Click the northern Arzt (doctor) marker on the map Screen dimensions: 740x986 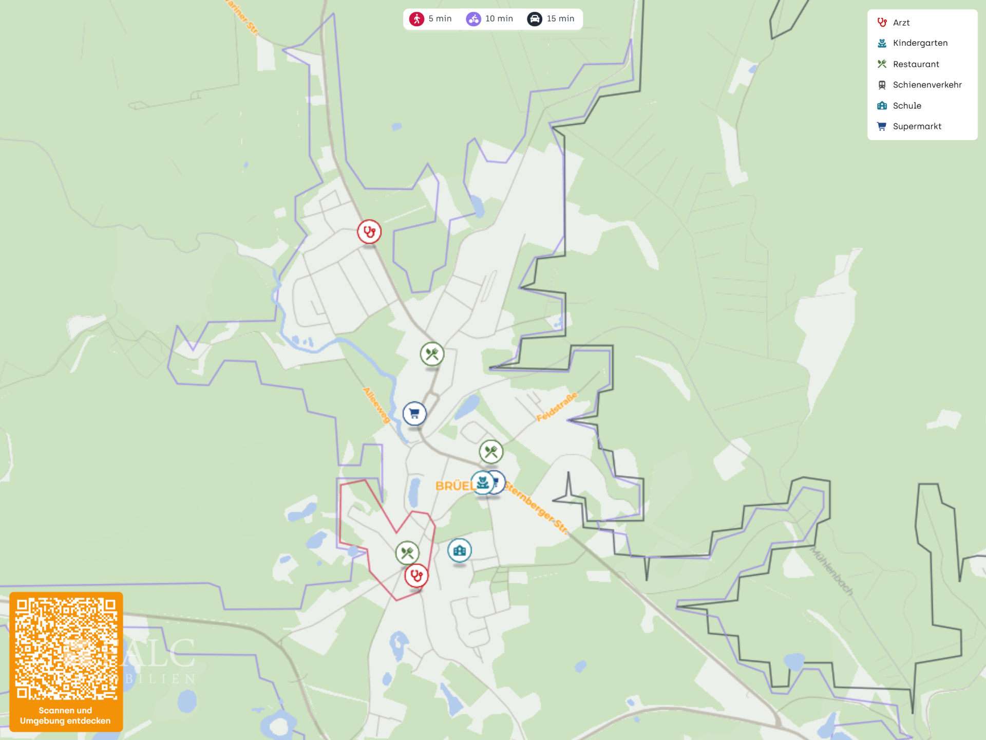(x=369, y=232)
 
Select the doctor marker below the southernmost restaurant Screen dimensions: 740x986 (x=416, y=576)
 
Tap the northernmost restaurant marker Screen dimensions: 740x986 (x=432, y=354)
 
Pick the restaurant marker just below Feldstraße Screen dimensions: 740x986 (x=491, y=452)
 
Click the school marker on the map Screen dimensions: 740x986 (x=459, y=550)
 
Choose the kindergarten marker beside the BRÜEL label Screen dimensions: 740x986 (x=482, y=483)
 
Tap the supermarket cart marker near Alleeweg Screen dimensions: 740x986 (x=414, y=413)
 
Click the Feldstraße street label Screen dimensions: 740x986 (x=557, y=407)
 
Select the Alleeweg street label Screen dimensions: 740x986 (x=376, y=405)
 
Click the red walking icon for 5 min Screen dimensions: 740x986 (x=416, y=19)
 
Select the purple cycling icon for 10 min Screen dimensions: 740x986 (x=473, y=19)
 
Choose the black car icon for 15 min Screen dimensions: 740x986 (x=535, y=19)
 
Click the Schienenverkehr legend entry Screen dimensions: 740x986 (x=926, y=85)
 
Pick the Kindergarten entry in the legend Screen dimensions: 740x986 (x=920, y=43)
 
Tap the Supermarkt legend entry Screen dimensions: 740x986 (x=917, y=126)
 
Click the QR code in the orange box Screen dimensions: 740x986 (x=66, y=649)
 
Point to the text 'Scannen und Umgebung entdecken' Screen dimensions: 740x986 (x=65, y=715)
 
